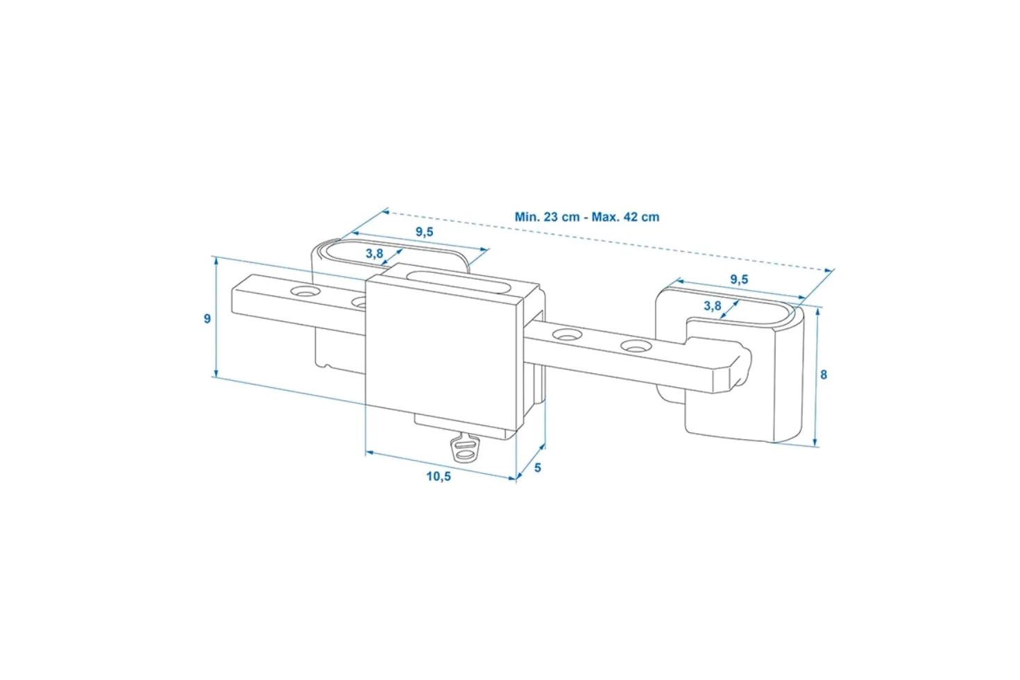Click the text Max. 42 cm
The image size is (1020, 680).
coord(625,216)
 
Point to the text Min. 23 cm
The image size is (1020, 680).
coord(547,216)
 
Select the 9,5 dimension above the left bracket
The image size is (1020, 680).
coord(425,232)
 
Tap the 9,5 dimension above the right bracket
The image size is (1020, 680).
coord(739,279)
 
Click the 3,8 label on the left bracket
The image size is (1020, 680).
coord(374,254)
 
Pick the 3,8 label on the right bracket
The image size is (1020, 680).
coord(713,306)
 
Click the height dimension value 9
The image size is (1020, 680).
coord(207,318)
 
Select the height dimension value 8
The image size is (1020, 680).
coord(823,375)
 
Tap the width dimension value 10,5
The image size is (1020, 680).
coord(439,477)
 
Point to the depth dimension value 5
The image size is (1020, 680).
coord(537,468)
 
